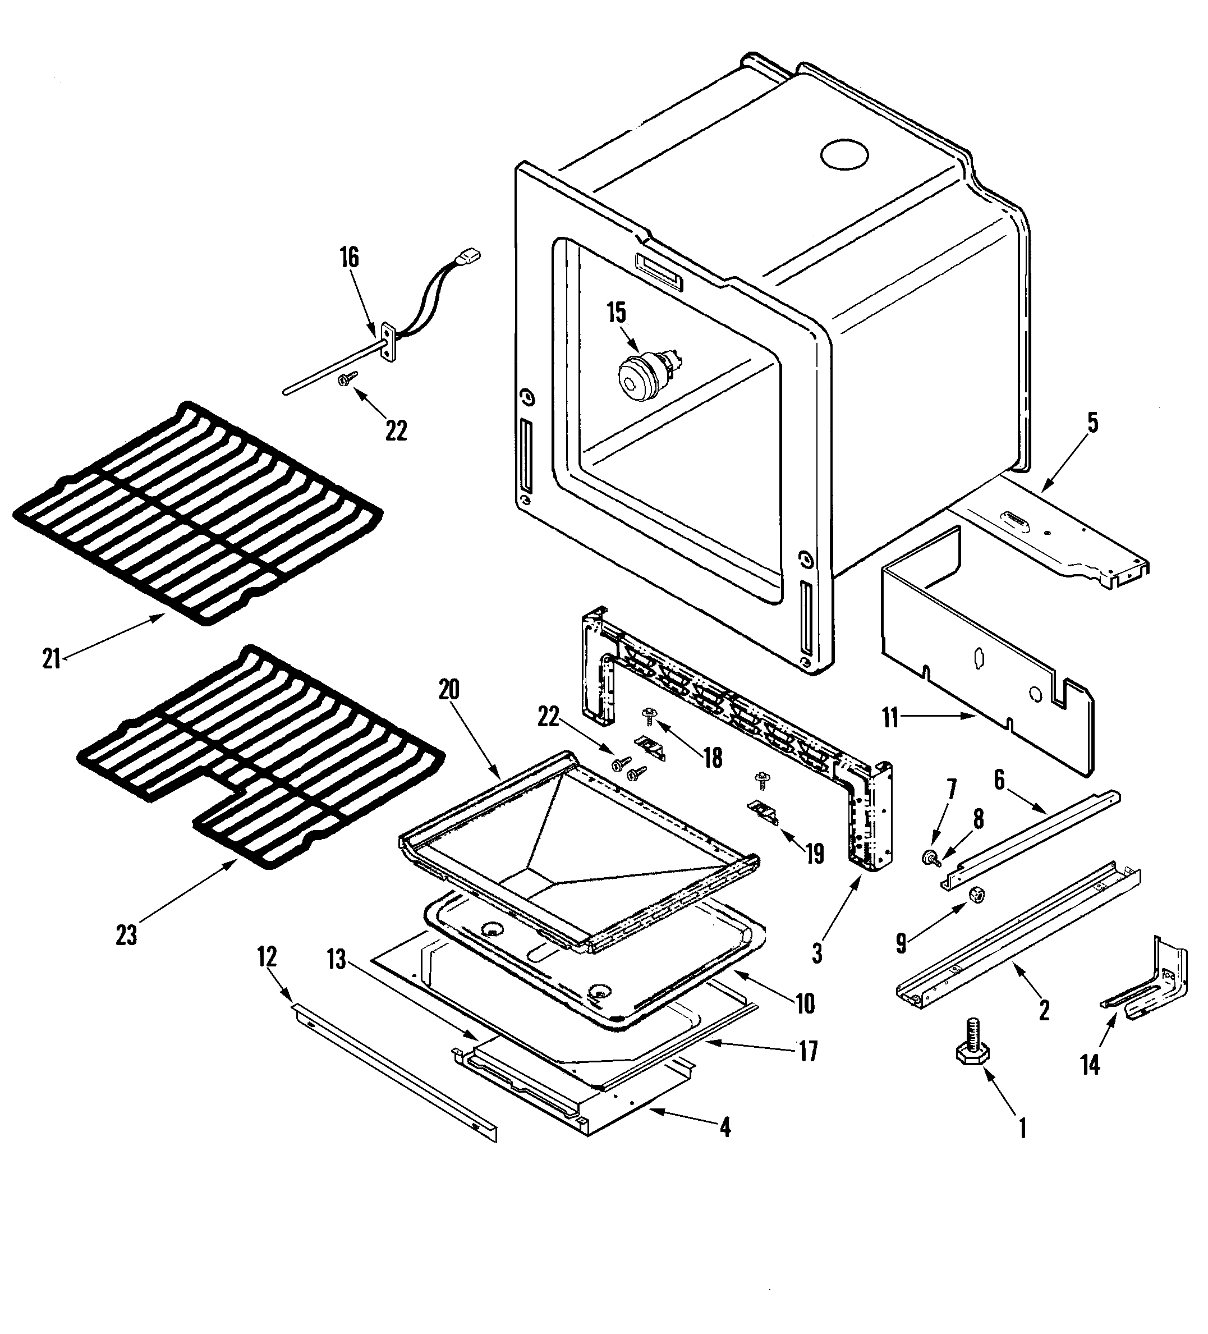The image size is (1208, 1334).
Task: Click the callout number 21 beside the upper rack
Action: pyautogui.click(x=52, y=659)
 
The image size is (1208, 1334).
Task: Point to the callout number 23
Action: pyautogui.click(x=126, y=935)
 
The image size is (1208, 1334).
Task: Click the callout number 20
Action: pyautogui.click(x=448, y=690)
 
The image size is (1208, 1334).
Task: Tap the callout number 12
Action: pyautogui.click(x=267, y=957)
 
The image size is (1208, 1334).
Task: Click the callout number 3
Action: pyautogui.click(x=817, y=953)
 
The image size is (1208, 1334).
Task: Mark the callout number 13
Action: pyautogui.click(x=337, y=960)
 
